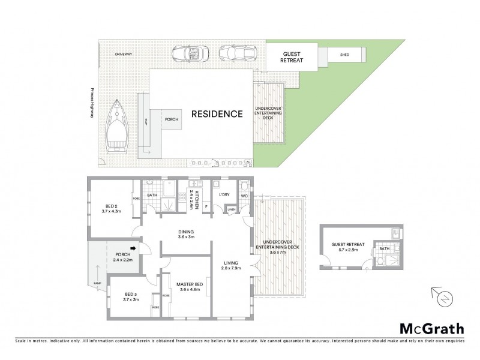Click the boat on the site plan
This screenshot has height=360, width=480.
(117, 126)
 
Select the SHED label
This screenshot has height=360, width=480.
(344, 55)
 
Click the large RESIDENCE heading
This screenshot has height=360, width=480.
(217, 113)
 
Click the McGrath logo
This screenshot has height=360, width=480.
(431, 328)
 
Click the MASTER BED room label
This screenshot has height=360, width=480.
(190, 286)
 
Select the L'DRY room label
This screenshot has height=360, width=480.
(224, 195)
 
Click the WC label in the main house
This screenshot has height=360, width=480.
(244, 195)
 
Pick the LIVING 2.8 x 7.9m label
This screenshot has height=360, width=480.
(231, 266)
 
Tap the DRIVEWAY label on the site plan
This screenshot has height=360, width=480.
(124, 54)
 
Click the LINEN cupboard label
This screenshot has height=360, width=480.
(231, 209)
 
